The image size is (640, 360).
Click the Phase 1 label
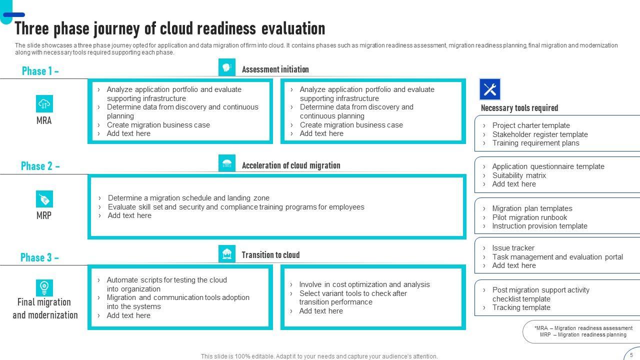pyautogui.click(x=40, y=71)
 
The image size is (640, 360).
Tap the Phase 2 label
pyautogui.click(x=40, y=166)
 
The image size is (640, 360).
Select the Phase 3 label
pyautogui.click(x=40, y=257)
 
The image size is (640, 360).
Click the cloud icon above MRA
pyautogui.click(x=44, y=104)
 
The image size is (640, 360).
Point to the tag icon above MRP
pyautogui.click(x=44, y=199)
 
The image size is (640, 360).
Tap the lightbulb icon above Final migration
pyautogui.click(x=44, y=287)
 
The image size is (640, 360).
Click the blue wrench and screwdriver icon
pyautogui.click(x=489, y=89)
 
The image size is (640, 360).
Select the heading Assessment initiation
pyautogui.click(x=275, y=69)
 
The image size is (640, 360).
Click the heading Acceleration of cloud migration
pyautogui.click(x=290, y=165)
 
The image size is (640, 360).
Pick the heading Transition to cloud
pyautogui.click(x=270, y=255)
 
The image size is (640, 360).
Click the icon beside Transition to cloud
pyautogui.click(x=227, y=254)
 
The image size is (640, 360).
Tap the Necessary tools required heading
pyautogui.click(x=519, y=108)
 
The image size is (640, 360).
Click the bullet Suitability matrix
pyautogui.click(x=519, y=175)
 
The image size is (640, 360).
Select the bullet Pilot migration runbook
pyautogui.click(x=529, y=217)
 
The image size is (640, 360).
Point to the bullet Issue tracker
pyautogui.click(x=513, y=248)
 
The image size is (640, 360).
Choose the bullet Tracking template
pyautogui.click(x=521, y=307)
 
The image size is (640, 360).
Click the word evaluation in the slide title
pyautogui.click(x=293, y=28)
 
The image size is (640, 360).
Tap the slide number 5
pyautogui.click(x=631, y=355)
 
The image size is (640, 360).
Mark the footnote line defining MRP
pyautogui.click(x=583, y=335)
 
